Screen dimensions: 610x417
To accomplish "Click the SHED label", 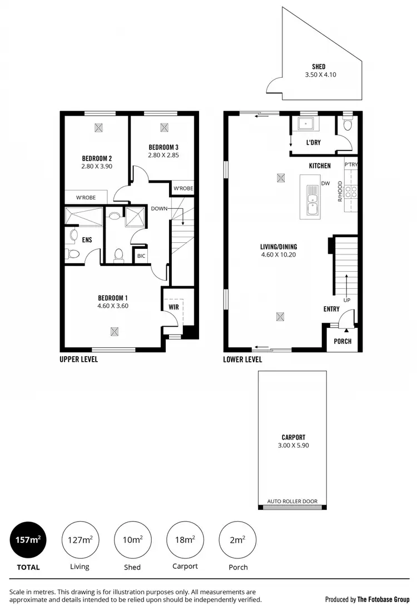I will (319, 67).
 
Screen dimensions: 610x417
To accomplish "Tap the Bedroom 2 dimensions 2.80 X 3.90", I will (97, 166).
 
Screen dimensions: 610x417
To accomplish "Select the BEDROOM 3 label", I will (163, 147).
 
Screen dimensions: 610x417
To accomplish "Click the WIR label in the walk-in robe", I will (172, 306).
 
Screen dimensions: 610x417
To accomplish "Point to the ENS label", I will (87, 240).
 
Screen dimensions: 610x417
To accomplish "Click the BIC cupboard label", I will (142, 256).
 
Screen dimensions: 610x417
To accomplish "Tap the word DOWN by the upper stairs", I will (160, 208).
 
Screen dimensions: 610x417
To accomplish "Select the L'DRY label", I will (314, 143).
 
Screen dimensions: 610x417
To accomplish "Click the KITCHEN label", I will (320, 166).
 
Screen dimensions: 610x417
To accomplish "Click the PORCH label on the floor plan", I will (342, 341).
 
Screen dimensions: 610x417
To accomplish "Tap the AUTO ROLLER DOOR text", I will (292, 501).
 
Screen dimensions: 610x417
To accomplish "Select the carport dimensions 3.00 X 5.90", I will (293, 446).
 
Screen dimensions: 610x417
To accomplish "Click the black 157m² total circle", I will (28, 539).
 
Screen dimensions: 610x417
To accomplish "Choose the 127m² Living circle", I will (80, 539).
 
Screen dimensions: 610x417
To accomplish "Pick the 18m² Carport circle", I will (185, 539).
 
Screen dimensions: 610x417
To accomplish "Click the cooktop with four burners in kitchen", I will (351, 192).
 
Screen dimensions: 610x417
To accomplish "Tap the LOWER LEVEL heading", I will (242, 359).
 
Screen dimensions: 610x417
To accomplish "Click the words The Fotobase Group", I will (384, 599).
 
